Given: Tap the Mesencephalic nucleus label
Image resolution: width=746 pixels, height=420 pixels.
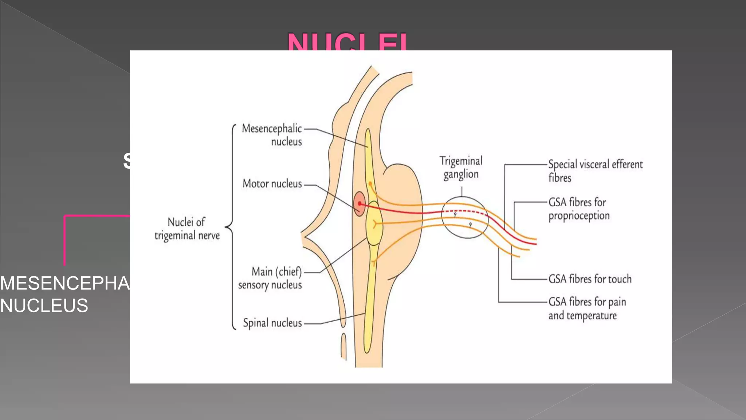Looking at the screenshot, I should click(272, 135).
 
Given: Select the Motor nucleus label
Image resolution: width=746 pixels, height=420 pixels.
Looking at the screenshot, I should click(272, 183).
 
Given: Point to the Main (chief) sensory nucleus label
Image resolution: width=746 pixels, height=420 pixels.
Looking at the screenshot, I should click(270, 278).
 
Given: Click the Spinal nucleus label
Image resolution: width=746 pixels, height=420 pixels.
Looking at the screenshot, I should click(272, 323).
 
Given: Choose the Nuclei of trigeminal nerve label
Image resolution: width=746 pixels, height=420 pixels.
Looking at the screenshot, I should click(187, 229).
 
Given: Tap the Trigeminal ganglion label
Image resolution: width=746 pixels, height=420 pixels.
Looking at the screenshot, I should click(461, 167).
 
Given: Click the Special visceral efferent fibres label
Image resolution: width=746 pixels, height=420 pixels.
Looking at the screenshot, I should click(595, 171).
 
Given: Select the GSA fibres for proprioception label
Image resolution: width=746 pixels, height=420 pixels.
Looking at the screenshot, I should click(579, 209).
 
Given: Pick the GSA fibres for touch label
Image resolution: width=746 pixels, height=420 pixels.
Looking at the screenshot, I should click(590, 279).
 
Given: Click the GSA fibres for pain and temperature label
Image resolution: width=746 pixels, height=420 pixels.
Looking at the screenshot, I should click(587, 308).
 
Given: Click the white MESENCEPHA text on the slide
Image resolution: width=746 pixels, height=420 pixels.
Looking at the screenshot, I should click(65, 283).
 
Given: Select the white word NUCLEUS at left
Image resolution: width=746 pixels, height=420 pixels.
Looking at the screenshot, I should click(44, 306).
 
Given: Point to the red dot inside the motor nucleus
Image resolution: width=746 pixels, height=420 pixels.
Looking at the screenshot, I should click(360, 203).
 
